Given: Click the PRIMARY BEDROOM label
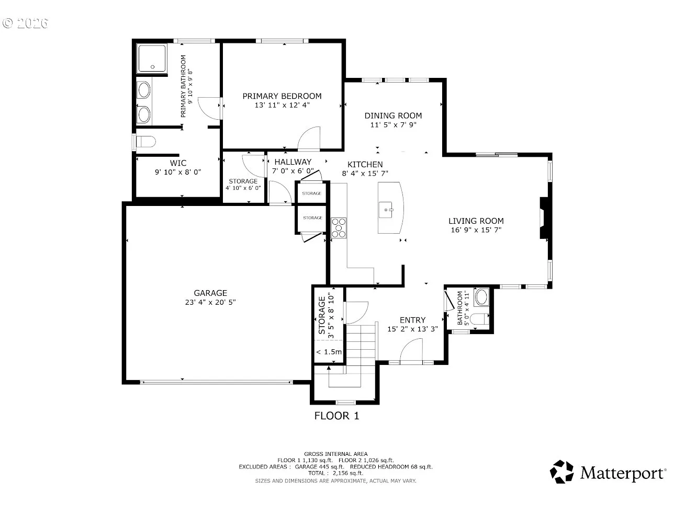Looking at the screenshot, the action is coord(282,96).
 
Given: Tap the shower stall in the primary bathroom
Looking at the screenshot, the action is coord(152,58).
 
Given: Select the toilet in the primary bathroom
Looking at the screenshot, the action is coord(146,142).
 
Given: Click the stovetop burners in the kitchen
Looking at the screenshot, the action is coord(339,228).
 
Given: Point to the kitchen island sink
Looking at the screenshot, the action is coord(386,210).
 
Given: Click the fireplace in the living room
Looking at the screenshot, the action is coord(544,217).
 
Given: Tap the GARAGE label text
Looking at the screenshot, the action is coord(210,293).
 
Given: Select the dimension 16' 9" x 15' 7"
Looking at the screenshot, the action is coord(476,230).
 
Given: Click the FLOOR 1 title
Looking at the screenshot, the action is coord(336,416).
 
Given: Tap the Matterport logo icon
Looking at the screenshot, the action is coord(561,472).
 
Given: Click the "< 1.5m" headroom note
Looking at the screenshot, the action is coord(329,352).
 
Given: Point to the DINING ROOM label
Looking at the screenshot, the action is coord(393,116).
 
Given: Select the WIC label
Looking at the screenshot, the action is coord(178,163).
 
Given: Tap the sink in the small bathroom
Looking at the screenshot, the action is coord(481,297).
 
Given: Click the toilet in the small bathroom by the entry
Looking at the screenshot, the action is coord(479,319).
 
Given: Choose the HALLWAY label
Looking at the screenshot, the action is coord(293,162).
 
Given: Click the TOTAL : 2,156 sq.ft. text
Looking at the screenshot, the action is coord(335,473).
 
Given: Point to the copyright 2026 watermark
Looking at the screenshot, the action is coord(25,24).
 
